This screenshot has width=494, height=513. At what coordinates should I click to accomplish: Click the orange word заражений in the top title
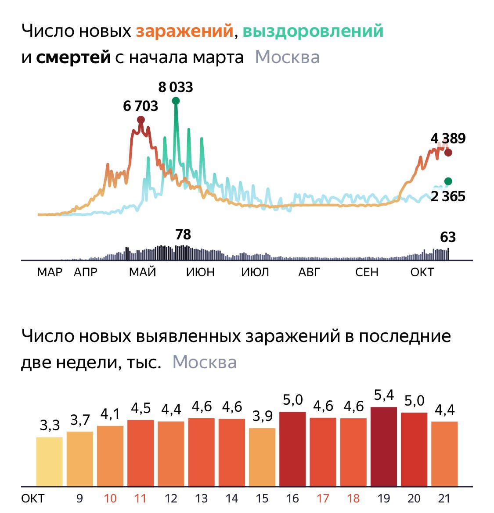pyautogui.click(x=184, y=31)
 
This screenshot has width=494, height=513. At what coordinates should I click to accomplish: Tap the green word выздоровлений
pyautogui.click(x=313, y=31)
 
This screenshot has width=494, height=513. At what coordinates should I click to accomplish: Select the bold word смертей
pyautogui.click(x=73, y=57)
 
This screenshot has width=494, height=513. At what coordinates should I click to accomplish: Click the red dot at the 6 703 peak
pyautogui.click(x=141, y=120)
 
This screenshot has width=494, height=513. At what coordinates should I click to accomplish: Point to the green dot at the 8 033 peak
pyautogui.click(x=176, y=101)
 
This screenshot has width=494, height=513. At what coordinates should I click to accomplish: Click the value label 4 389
pyautogui.click(x=448, y=139)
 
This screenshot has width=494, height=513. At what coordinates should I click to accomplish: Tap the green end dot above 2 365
pyautogui.click(x=448, y=182)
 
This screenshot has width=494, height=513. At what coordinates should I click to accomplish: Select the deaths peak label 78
pyautogui.click(x=183, y=235)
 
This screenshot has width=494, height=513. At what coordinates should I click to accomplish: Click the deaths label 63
pyautogui.click(x=448, y=237)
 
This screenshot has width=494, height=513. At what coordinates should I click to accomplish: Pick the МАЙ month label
pyautogui.click(x=142, y=272)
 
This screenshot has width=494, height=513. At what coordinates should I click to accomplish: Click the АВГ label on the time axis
pyautogui.click(x=309, y=272)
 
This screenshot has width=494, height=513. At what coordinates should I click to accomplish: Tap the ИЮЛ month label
pyautogui.click(x=255, y=272)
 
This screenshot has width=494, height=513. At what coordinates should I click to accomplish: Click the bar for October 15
pyautogui.click(x=262, y=457)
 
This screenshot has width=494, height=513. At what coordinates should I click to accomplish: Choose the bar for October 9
pyautogui.click(x=80, y=459)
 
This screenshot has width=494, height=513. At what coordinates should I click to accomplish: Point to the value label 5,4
pyautogui.click(x=384, y=395)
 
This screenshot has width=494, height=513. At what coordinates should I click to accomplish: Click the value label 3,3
pyautogui.click(x=50, y=425)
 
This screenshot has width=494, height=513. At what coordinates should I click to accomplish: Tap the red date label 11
pyautogui.click(x=141, y=499)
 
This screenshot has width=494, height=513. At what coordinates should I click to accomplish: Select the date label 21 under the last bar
pyautogui.click(x=444, y=499)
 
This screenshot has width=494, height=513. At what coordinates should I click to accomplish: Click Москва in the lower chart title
pyautogui.click(x=205, y=363)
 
